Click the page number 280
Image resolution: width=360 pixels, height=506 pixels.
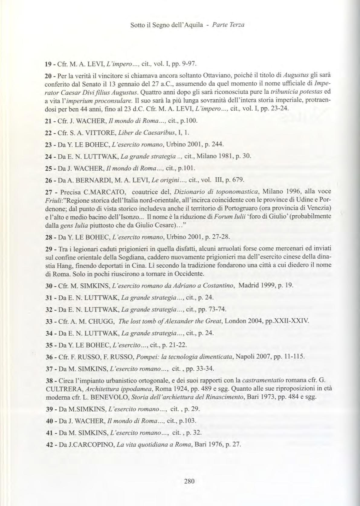pos(189,481)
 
